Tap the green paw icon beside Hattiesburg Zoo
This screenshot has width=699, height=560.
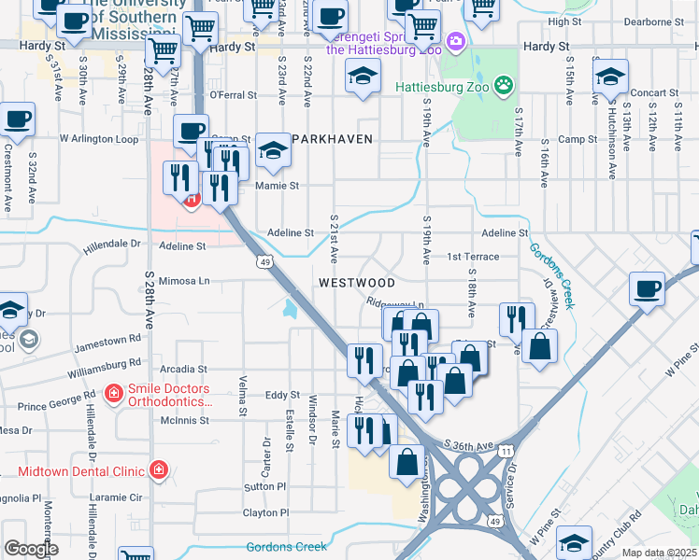coord(505,84)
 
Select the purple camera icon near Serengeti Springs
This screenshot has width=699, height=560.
coord(455,41)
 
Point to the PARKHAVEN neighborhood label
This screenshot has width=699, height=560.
coord(332,139)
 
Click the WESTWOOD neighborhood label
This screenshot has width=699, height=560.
coord(356,282)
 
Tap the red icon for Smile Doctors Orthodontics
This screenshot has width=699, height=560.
coord(114,393)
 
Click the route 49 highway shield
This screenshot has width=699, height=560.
coord(266,262)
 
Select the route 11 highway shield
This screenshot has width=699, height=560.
coord(506,451)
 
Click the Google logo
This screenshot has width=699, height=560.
coord(31,548)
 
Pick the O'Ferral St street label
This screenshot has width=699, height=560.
coord(233,95)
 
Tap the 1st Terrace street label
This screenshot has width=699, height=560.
coord(473,257)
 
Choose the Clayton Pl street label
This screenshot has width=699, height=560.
coord(266,512)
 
